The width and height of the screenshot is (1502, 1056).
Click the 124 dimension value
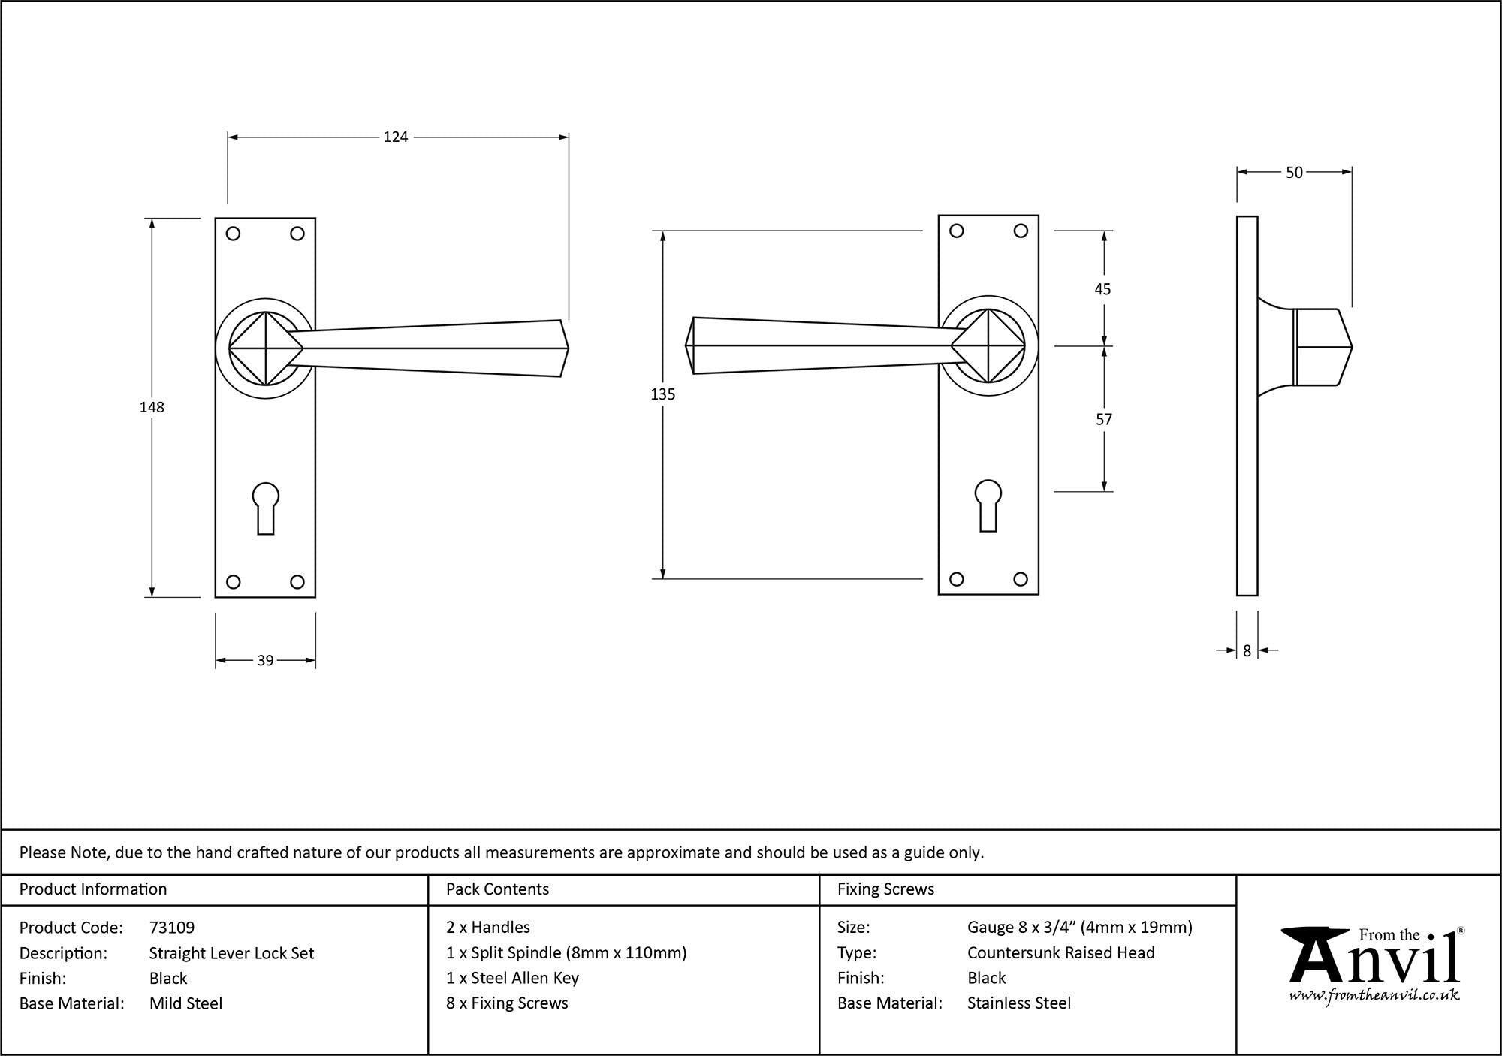[x=396, y=137]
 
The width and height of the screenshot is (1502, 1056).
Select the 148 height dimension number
[x=152, y=407]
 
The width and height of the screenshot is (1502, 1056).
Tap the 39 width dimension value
[x=265, y=661]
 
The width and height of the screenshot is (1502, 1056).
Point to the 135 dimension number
[x=663, y=394]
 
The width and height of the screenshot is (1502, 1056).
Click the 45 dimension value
[x=1102, y=289]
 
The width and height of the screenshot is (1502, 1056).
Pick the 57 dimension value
[x=1103, y=419]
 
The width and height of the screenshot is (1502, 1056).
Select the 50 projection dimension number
[x=1294, y=173]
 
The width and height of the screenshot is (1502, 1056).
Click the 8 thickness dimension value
[x=1247, y=651]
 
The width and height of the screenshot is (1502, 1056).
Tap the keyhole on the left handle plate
[x=265, y=506]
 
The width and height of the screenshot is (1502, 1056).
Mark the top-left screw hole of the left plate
[x=233, y=234]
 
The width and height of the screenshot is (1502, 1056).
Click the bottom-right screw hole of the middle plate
[x=1020, y=579]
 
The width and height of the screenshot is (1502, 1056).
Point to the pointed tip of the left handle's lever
[x=567, y=348]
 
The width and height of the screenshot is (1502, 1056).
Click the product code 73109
[x=172, y=928]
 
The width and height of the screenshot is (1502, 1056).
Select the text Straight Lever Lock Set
[x=231, y=953]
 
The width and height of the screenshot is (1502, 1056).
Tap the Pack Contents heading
[x=497, y=889]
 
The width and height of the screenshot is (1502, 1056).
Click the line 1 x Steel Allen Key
[x=512, y=978]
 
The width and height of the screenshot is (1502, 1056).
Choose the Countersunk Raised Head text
[x=1060, y=953]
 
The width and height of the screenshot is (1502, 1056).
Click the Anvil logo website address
[x=1374, y=996]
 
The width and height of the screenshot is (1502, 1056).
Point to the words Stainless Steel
[x=1018, y=1003]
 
